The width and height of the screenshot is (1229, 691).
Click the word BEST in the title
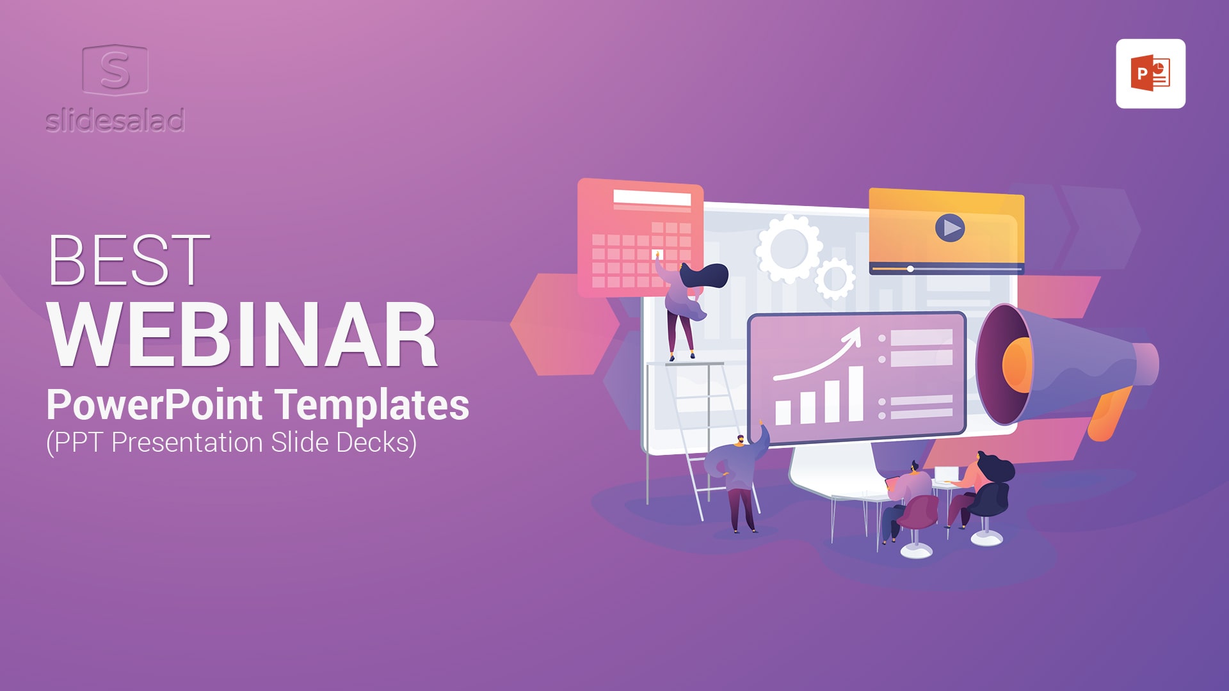129,260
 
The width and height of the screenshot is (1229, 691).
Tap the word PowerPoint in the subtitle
154,405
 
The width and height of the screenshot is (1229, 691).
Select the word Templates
373,405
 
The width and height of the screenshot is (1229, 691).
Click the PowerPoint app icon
1150,74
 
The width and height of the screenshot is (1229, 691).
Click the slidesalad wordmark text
115,120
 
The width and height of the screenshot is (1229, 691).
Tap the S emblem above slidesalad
115,69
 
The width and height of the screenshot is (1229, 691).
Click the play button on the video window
950,228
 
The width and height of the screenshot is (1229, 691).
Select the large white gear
789,249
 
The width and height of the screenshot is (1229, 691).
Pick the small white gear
835,278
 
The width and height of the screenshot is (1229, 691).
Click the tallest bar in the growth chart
855,394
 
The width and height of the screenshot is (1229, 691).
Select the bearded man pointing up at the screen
739,477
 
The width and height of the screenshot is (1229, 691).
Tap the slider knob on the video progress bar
910,269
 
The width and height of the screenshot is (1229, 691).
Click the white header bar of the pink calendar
652,198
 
